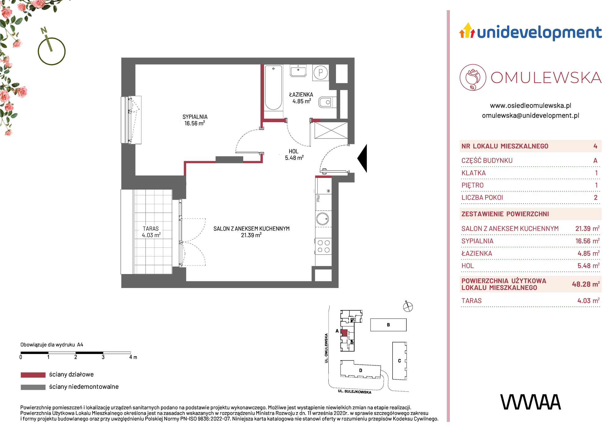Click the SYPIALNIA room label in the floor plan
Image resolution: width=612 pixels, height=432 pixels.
click(x=195, y=117)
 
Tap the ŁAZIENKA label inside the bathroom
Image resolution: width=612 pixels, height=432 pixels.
click(x=301, y=94)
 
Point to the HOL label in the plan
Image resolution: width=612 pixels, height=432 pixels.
click(x=293, y=151)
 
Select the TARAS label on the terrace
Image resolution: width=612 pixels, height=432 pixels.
click(x=151, y=229)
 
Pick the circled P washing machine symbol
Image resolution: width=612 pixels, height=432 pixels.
click(x=321, y=72)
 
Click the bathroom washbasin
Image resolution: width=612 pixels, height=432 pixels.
click(x=298, y=71)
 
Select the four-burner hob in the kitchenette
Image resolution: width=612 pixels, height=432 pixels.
click(x=323, y=246)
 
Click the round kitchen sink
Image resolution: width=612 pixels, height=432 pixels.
click(x=323, y=219)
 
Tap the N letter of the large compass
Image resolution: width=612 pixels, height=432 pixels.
click(x=44, y=30)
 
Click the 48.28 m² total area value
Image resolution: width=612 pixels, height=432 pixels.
click(x=586, y=284)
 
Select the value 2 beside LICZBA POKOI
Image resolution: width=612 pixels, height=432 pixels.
click(x=595, y=198)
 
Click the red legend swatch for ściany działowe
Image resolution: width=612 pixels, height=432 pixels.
click(x=33, y=375)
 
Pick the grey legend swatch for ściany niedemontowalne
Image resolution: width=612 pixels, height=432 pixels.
click(x=33, y=387)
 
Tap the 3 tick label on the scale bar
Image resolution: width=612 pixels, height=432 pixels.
click(x=103, y=357)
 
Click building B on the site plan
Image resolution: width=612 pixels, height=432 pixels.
click(x=388, y=325)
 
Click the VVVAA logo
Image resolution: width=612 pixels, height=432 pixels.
click(x=531, y=402)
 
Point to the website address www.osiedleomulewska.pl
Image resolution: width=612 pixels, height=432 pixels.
click(x=531, y=106)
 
